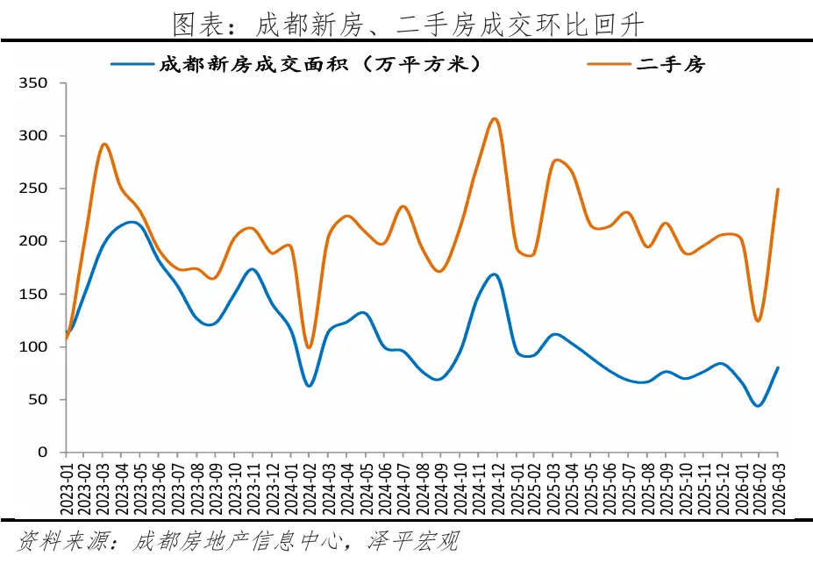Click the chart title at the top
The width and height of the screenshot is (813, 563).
click(407, 24)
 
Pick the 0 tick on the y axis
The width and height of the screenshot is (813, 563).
click(52, 452)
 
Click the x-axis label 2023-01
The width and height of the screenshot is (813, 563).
click(66, 485)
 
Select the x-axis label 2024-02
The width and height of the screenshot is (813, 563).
click(309, 485)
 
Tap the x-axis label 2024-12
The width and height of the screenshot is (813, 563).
click(496, 485)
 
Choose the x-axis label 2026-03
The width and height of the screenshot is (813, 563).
click(777, 485)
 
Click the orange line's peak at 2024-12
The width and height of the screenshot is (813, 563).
click(495, 118)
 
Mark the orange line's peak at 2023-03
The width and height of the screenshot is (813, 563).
click(103, 144)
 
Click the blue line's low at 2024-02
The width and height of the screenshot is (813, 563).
click(309, 385)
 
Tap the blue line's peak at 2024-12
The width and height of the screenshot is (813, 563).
click(494, 274)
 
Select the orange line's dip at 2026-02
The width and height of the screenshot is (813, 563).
click(758, 321)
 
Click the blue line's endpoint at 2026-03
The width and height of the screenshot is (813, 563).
click(777, 368)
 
